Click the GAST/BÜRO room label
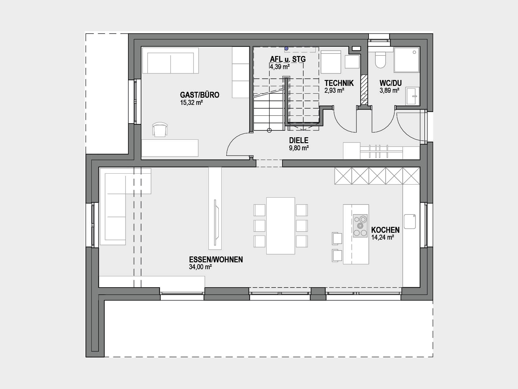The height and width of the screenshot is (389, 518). coord(199,95)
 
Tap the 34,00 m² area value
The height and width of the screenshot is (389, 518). coord(200,267)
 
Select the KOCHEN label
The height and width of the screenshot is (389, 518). coord(385,230)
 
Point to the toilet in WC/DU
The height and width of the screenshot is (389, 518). coord(380,60)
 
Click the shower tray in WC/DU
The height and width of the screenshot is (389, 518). coord(406,59)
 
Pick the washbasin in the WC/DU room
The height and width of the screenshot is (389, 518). coord(413,96)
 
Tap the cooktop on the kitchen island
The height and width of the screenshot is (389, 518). coord(360,226)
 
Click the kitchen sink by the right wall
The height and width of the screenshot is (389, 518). coord(410,222)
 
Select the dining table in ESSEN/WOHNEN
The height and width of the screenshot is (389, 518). coord(281,226)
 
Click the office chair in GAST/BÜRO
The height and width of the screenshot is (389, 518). coord(160,129)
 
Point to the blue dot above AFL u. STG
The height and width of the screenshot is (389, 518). coord(286,49)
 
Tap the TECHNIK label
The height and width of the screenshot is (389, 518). coord(339,83)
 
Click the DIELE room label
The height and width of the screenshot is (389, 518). coord(299,140)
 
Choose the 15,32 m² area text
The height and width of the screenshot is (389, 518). coord(191,103)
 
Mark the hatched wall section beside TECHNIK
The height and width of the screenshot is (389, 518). coord(364,90)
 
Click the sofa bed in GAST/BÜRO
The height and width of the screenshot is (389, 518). coord(170,60)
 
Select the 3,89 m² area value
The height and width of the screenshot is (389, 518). coord(389,91)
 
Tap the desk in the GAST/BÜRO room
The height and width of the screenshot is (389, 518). coord(170,148)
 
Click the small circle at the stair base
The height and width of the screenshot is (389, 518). coord(269,130)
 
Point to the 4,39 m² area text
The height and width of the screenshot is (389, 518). coord(280,67)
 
